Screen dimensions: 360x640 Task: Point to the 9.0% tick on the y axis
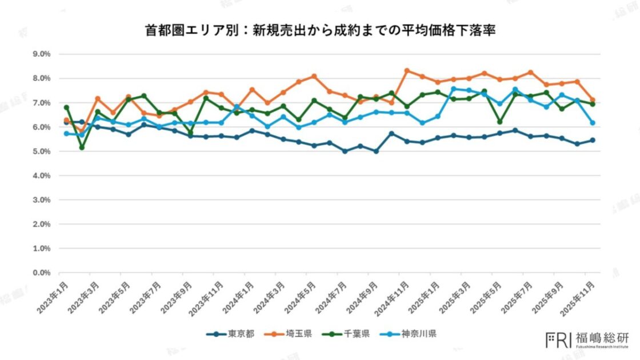tap(42, 54)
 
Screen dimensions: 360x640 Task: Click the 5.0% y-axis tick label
tap(42, 151)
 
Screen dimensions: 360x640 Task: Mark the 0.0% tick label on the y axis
tap(42, 273)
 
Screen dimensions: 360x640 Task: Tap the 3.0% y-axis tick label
tap(42, 200)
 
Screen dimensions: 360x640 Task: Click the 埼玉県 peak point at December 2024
tap(407, 71)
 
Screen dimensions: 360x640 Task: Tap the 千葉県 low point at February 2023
tap(82, 147)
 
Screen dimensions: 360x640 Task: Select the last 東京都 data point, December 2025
tap(593, 140)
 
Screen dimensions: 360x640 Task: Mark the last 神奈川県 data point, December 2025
tap(593, 123)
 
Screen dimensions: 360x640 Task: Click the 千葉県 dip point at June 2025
tap(500, 122)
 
